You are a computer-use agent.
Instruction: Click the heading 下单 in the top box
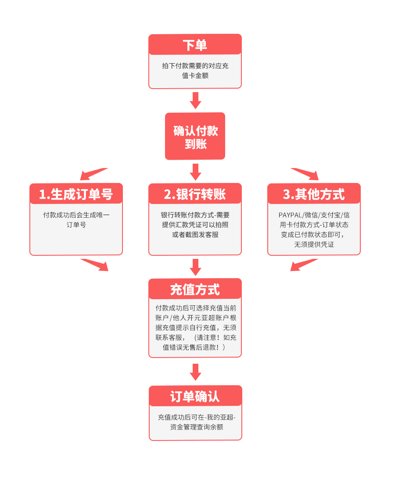pyautogui.click(x=195, y=45)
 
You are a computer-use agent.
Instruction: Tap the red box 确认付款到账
pyautogui.click(x=195, y=136)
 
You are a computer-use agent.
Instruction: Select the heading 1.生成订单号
pyautogui.click(x=76, y=194)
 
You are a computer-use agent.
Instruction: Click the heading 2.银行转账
pyautogui.click(x=195, y=194)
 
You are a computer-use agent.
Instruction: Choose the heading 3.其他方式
pyautogui.click(x=314, y=194)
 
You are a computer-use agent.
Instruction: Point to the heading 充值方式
pyautogui.click(x=195, y=289)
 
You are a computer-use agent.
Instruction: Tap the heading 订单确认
pyautogui.click(x=195, y=397)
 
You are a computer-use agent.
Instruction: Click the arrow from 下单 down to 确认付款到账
pyautogui.click(x=195, y=100)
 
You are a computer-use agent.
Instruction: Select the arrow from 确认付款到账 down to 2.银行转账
pyautogui.click(x=195, y=172)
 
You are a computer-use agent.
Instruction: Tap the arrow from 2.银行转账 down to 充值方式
pyautogui.click(x=195, y=267)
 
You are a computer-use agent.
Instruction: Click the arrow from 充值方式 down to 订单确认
pyautogui.click(x=195, y=372)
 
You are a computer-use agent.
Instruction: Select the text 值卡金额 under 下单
pyautogui.click(x=195, y=75)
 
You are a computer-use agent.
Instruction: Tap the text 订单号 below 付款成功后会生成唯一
pyautogui.click(x=76, y=225)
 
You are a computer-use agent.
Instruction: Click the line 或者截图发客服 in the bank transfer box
pyautogui.click(x=195, y=234)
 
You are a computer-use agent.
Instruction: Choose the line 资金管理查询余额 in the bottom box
pyautogui.click(x=196, y=427)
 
